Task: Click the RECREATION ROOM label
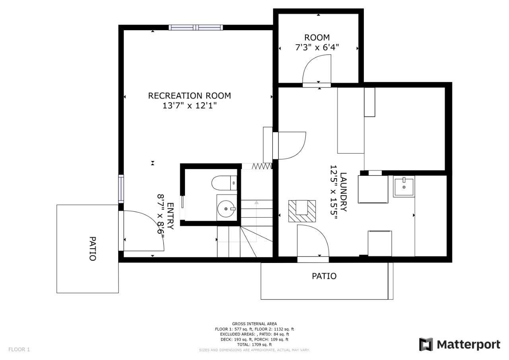(190, 96)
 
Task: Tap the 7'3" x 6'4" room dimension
(317, 47)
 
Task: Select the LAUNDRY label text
(343, 192)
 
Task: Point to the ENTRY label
(171, 216)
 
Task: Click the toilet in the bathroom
(224, 183)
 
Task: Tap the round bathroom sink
(226, 208)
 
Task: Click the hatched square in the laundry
(302, 211)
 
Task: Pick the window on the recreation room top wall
(196, 27)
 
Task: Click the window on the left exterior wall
(121, 189)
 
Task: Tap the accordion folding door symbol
(262, 166)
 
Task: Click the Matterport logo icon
(426, 344)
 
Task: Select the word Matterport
(468, 345)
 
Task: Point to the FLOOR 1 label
(19, 349)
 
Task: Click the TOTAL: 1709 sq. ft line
(254, 344)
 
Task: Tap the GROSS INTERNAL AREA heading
(254, 324)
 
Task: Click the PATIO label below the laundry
(324, 276)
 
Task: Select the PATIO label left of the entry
(93, 249)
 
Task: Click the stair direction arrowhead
(256, 202)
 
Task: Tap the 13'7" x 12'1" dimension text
(190, 106)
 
